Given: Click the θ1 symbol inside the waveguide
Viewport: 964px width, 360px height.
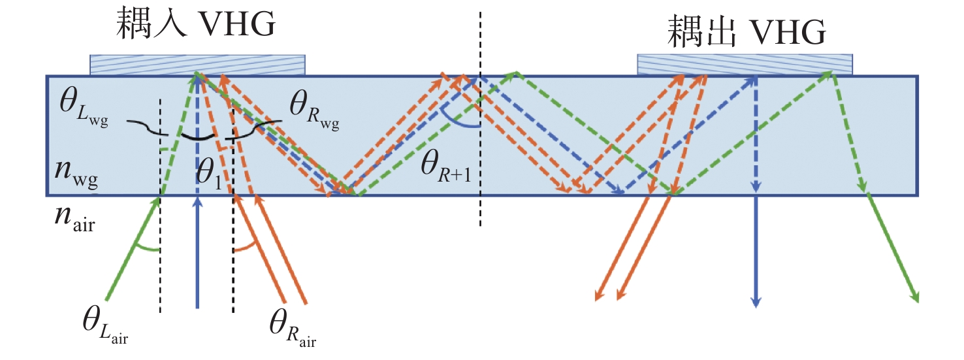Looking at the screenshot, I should [x=208, y=174].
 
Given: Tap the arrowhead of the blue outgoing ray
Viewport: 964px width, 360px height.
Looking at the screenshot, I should [x=756, y=301].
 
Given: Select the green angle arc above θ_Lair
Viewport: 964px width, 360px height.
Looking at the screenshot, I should [x=146, y=249].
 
